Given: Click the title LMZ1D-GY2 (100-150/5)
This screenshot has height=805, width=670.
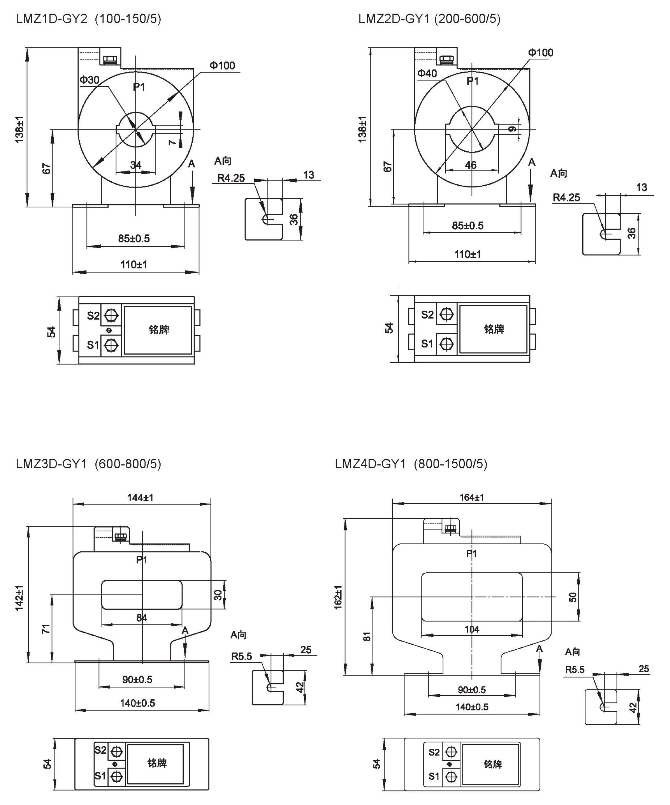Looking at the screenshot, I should click(88, 19).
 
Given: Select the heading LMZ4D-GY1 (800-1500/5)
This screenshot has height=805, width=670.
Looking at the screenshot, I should click(411, 464).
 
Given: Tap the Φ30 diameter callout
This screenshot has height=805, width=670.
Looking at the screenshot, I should click(89, 80).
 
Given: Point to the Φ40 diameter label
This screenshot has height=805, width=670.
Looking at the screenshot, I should click(427, 73).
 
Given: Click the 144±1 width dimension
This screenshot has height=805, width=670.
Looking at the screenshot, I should click(140, 498).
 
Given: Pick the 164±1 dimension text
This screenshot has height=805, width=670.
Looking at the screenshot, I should click(471, 497).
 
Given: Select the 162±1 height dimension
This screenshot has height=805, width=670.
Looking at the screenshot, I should click(338, 597).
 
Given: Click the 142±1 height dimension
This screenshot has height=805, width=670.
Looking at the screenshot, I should click(19, 598).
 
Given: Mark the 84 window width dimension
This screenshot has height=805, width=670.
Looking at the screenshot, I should click(141, 617).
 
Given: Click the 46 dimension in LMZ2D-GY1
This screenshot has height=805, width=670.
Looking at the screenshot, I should click(471, 165).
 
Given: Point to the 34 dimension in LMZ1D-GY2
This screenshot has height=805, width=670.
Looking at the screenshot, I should click(136, 165).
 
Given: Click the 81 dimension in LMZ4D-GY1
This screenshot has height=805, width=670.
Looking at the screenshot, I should click(366, 636).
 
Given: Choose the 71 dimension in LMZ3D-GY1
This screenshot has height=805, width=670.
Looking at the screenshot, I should click(46, 629).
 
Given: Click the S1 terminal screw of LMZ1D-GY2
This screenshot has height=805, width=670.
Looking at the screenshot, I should click(111, 345).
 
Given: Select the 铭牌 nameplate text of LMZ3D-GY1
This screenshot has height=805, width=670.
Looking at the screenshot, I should click(157, 763).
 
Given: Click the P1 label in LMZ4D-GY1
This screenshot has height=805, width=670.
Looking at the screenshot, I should click(471, 554).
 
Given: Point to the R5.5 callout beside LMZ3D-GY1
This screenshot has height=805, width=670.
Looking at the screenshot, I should click(241, 657).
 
